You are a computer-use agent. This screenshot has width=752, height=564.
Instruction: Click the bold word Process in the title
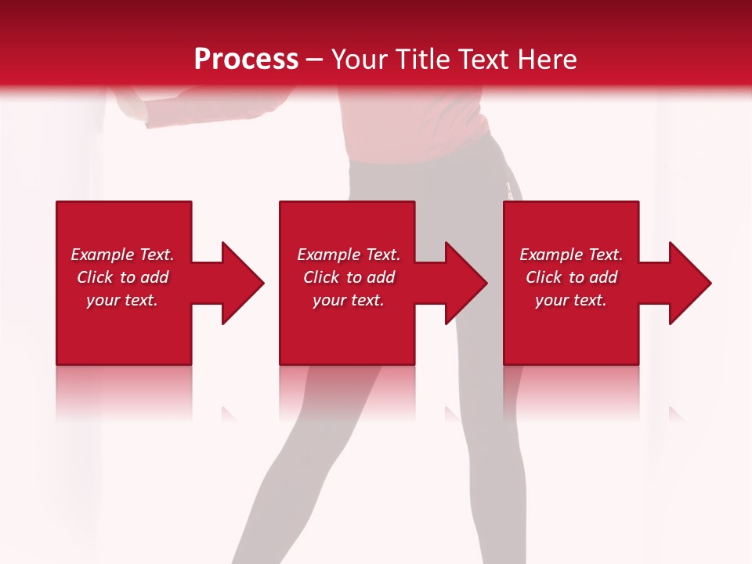coord(246,59)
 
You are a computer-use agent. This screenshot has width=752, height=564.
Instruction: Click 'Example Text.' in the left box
coord(122,255)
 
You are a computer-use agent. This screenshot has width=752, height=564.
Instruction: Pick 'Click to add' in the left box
coord(122,277)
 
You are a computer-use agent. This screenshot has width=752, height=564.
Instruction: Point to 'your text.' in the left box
coord(122,300)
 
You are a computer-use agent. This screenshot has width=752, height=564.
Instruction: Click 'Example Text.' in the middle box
coord(349,255)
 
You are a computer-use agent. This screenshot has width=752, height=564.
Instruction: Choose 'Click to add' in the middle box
coord(349,277)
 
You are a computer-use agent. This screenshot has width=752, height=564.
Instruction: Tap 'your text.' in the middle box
coord(349,300)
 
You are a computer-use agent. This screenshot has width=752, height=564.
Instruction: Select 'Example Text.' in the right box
coord(571,255)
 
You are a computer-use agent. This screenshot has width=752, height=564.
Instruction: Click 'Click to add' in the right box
coord(571,277)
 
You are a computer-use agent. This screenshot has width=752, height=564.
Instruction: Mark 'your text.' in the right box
coord(571,300)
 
